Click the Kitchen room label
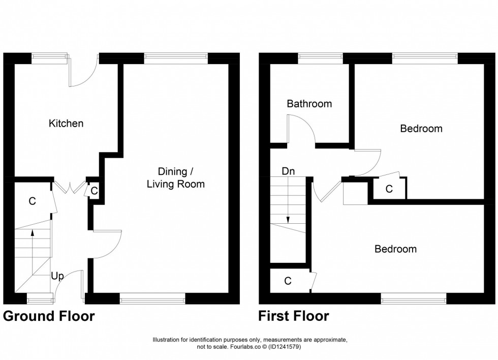click(x=66, y=124)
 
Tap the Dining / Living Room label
click(x=175, y=177)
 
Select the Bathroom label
click(x=309, y=104)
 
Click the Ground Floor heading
click(x=49, y=316)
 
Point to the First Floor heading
click(x=293, y=316)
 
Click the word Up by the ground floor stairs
click(x=57, y=276)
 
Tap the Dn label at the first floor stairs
click(x=288, y=171)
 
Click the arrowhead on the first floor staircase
click(x=288, y=220)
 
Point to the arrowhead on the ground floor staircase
click(x=33, y=233)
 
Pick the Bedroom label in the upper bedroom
click(x=421, y=129)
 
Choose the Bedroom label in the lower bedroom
click(x=395, y=249)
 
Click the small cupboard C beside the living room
click(x=94, y=191)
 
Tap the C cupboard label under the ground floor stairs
click(x=32, y=201)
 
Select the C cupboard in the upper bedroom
click(x=389, y=189)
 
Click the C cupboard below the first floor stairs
click(x=288, y=281)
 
